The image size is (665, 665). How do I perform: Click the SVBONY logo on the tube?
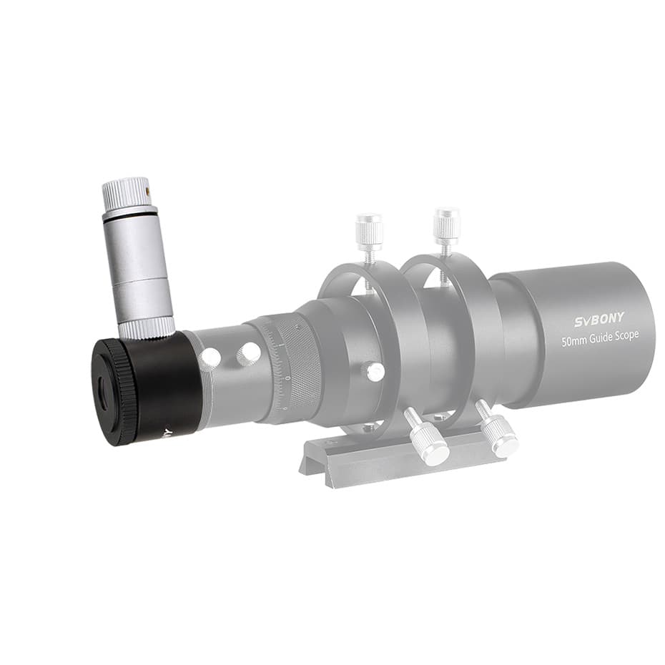point(599,319)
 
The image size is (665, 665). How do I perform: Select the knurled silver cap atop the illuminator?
point(126,192)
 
